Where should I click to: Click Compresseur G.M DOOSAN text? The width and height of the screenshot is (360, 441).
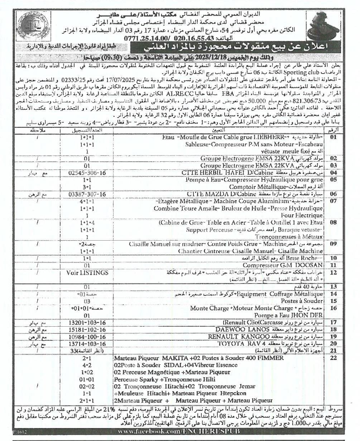[x=283, y=265]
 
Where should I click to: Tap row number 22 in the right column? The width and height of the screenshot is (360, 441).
[x=334, y=357]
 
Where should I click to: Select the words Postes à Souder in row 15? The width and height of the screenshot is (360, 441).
[x=302, y=301]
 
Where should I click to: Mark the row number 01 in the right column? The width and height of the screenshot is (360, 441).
[x=334, y=137]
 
